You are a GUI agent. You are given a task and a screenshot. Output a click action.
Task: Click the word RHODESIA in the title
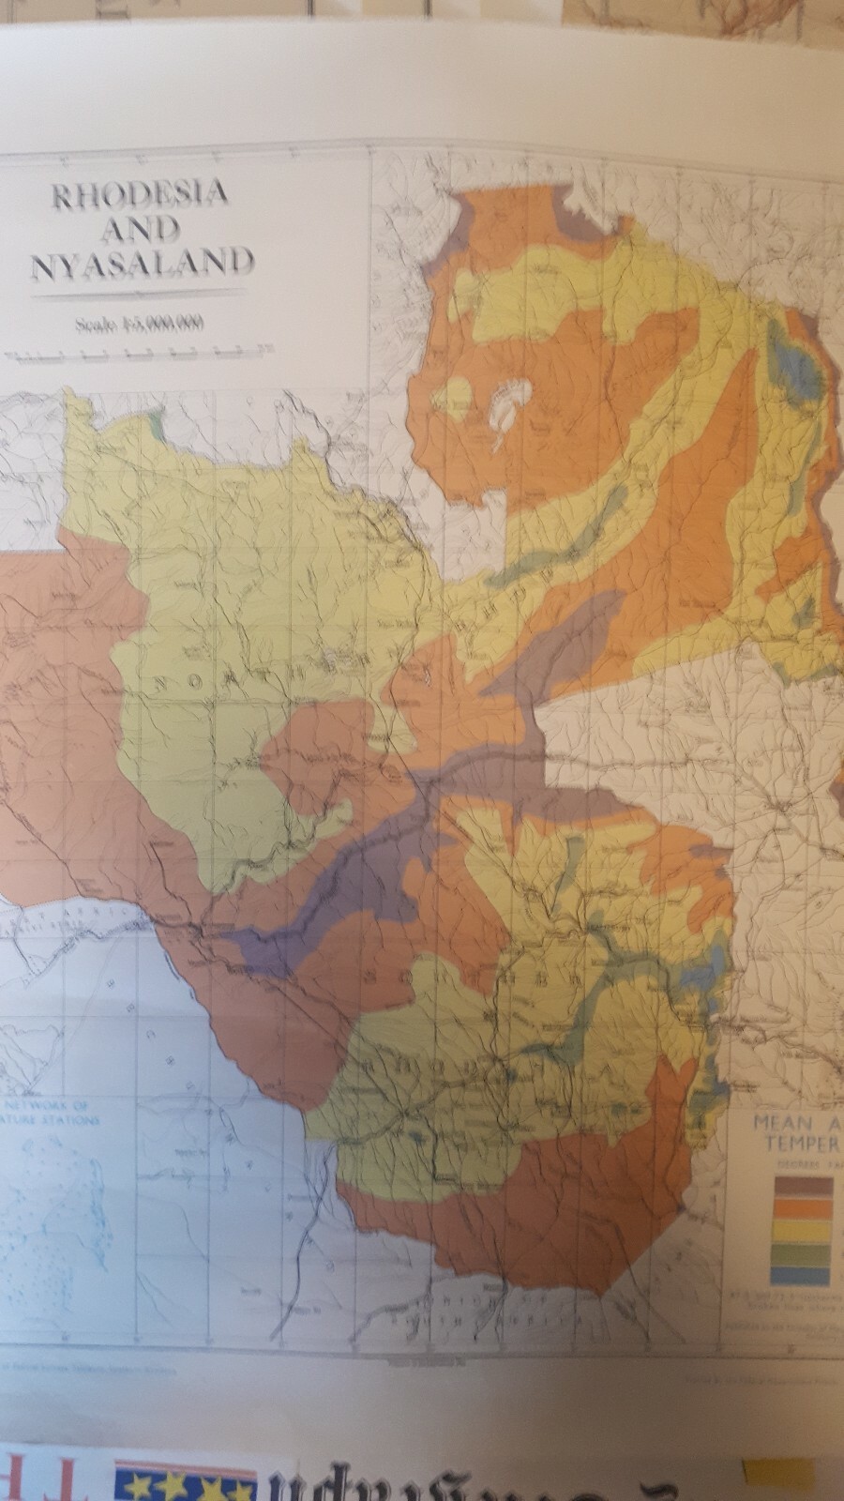141,195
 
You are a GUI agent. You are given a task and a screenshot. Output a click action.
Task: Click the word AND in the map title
141,230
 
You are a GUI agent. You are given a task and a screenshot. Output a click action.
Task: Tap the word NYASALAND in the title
143,264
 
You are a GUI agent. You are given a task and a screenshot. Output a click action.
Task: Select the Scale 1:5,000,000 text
141,325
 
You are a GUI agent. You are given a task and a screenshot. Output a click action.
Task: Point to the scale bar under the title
136,355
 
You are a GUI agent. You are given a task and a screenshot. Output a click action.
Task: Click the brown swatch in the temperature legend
803,1185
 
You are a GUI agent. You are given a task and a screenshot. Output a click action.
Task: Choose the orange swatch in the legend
803,1207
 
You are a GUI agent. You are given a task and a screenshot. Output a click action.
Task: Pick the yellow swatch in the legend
803,1229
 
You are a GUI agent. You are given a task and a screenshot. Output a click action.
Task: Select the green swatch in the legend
803,1251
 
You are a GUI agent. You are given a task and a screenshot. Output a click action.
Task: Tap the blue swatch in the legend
803,1274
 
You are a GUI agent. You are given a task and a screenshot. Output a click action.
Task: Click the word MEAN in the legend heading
779,1124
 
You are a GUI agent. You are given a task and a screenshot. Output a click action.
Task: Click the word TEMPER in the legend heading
803,1144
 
